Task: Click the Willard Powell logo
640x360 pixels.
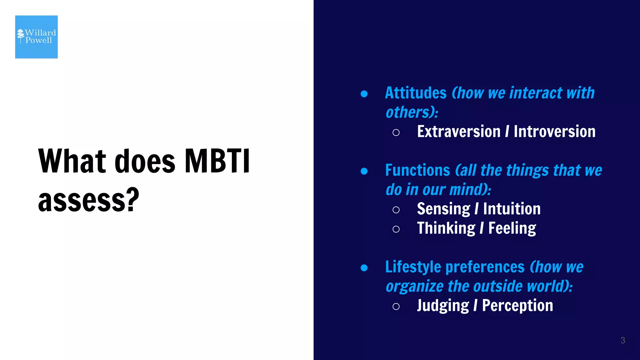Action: coord(36,37)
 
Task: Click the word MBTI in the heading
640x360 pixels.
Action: coord(217,161)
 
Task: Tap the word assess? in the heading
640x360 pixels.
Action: coord(88,200)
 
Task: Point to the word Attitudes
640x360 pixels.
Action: coord(416,93)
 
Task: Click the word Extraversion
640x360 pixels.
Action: coord(458,132)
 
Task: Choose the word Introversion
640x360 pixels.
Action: coord(554,132)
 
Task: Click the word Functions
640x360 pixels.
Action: coord(417,171)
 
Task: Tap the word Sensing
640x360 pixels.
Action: coord(443,209)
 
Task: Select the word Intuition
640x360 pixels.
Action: coord(512,209)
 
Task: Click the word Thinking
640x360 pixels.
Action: coord(446,228)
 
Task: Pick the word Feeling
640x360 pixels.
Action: coord(512,228)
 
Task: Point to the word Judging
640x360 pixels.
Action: coord(443,306)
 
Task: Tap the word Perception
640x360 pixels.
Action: coord(517,306)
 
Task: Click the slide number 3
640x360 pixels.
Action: coord(622,340)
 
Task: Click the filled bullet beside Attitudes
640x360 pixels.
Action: coord(364,94)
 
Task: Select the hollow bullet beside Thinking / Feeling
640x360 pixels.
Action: coord(396,229)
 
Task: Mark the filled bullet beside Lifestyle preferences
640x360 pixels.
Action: coord(364,268)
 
